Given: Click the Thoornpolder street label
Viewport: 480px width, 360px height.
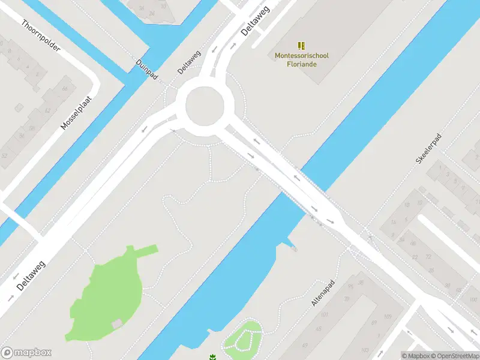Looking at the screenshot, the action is pyautogui.click(x=41, y=35).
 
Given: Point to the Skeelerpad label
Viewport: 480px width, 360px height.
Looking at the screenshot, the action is pyautogui.click(x=428, y=150).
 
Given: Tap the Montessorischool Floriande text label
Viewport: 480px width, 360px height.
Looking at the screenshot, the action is pyautogui.click(x=301, y=59).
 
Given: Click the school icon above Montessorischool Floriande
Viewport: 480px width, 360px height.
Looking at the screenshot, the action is pyautogui.click(x=301, y=46).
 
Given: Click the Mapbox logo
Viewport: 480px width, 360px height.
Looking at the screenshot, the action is pyautogui.click(x=26, y=353).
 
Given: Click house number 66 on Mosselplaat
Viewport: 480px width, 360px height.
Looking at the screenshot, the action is pyautogui.click(x=64, y=89).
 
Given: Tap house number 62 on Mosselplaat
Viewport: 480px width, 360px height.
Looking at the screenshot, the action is pyautogui.click(x=47, y=110).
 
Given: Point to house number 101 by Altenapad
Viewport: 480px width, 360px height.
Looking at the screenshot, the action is pyautogui.click(x=325, y=315).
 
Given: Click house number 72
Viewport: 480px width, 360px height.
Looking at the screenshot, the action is pyautogui.click(x=429, y=256).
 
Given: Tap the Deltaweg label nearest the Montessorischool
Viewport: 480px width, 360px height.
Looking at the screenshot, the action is pyautogui.click(x=255, y=22).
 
